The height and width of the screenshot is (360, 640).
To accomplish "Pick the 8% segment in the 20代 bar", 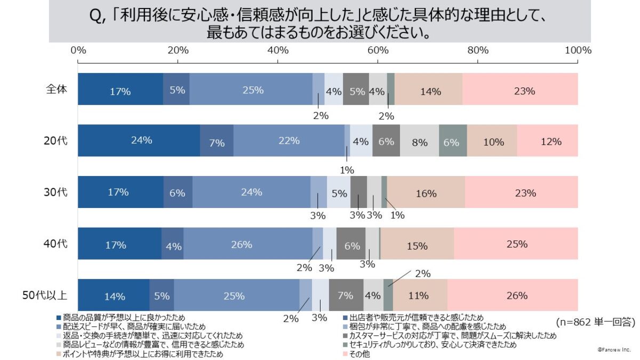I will tap(419, 141).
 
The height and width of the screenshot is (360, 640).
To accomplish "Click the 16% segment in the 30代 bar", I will tap(426, 193).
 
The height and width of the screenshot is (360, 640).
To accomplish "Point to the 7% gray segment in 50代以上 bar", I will tap(346, 295).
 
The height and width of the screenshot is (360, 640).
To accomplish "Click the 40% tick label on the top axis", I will tap(278, 51).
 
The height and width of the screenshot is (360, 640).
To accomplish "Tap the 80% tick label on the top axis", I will tap(478, 51).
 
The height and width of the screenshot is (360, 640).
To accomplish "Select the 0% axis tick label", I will tap(78, 51).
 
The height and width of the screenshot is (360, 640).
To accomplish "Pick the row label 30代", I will tap(56, 193).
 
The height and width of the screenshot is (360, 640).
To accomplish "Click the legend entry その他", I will tap(359, 354).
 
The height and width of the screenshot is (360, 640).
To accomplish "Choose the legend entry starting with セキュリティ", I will tap(429, 345).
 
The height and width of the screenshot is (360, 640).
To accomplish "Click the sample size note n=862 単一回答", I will tap(594, 322).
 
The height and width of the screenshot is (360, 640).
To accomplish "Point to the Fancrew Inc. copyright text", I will tap(613, 349).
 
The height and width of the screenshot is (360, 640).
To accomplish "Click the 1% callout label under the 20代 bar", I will tap(347, 170).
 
